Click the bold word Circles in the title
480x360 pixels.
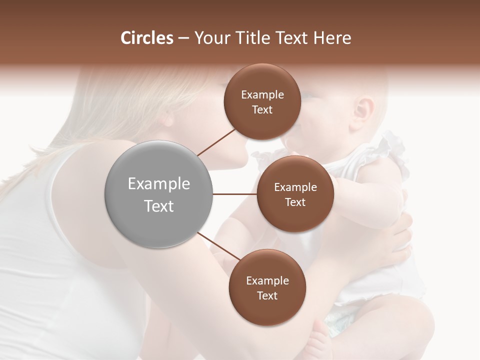pyautogui.click(x=146, y=38)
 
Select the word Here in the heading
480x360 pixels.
pyautogui.click(x=333, y=38)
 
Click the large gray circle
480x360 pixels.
pyautogui.click(x=159, y=194)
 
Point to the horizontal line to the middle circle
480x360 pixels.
pyautogui.click(x=235, y=194)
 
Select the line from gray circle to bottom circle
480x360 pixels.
pyautogui.click(x=220, y=248)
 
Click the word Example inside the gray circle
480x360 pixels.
pyautogui.click(x=159, y=184)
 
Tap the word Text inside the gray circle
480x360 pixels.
pyautogui.click(x=159, y=206)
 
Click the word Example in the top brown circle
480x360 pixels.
pyautogui.click(x=262, y=95)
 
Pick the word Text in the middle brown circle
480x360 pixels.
pyautogui.click(x=295, y=202)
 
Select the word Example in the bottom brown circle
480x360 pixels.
pyautogui.click(x=267, y=280)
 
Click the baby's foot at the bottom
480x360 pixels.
pyautogui.click(x=320, y=345)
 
